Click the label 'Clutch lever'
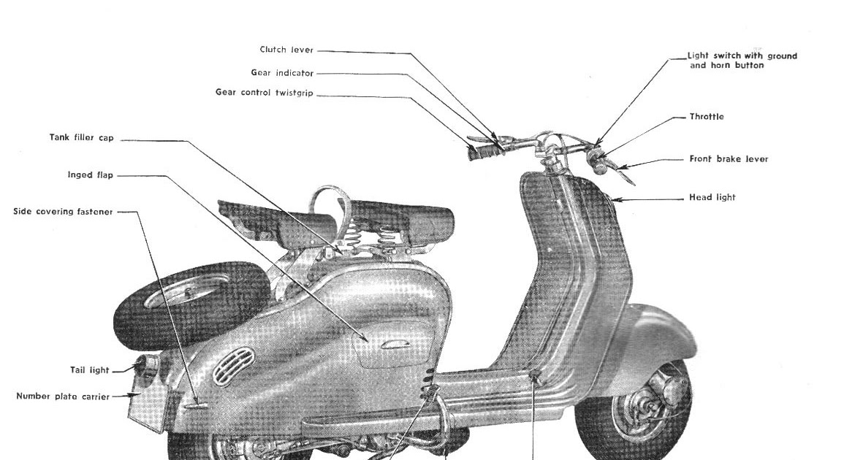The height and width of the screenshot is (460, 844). tap(286, 50)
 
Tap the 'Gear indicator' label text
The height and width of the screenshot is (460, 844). tap(282, 73)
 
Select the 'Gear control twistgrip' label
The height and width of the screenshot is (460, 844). tap(265, 93)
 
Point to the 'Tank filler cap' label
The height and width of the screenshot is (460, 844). tap(82, 137)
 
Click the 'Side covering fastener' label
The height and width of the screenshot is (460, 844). tap(64, 212)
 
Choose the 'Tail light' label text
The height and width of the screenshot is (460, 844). tap(89, 370)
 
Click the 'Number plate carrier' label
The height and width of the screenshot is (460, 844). tap(63, 396)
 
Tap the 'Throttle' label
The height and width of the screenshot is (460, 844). tap(707, 117)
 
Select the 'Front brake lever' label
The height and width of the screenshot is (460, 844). tap(729, 159)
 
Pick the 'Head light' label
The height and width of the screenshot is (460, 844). tap(712, 197)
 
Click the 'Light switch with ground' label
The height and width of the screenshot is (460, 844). tap(742, 56)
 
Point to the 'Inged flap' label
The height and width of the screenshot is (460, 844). tap(90, 175)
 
